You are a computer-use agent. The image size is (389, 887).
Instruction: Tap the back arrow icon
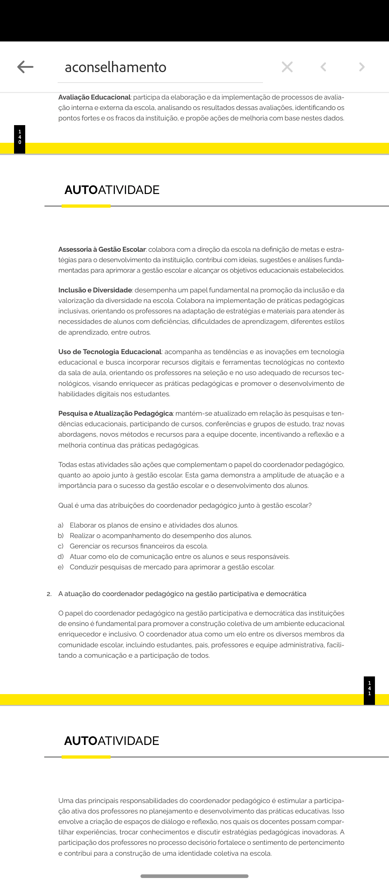point(25,67)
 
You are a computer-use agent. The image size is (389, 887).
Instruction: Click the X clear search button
point(287,67)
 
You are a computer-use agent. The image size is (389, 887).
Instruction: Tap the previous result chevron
point(323,67)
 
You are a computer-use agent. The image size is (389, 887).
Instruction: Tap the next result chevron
point(362,67)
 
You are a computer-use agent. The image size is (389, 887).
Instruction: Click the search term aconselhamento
point(116,67)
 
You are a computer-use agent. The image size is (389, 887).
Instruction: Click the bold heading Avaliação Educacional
point(94,97)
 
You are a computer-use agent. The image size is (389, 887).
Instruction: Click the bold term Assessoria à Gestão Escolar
point(102,250)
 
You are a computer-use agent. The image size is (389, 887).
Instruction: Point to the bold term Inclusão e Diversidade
point(95,290)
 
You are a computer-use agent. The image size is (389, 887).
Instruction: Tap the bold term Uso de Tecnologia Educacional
point(110,352)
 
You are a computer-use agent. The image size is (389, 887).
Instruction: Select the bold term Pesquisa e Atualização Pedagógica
point(116,414)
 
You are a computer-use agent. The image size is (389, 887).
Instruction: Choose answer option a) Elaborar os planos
point(154,525)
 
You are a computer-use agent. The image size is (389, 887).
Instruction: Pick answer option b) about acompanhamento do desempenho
point(161,536)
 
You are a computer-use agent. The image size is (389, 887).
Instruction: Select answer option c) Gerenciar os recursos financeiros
point(139,546)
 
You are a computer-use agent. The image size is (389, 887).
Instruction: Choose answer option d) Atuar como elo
point(179,557)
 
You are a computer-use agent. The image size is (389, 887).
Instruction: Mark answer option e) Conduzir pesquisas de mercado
point(172,567)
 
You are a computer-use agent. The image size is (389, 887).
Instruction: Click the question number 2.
point(49,594)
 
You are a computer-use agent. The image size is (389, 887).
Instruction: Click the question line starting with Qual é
point(185,506)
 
